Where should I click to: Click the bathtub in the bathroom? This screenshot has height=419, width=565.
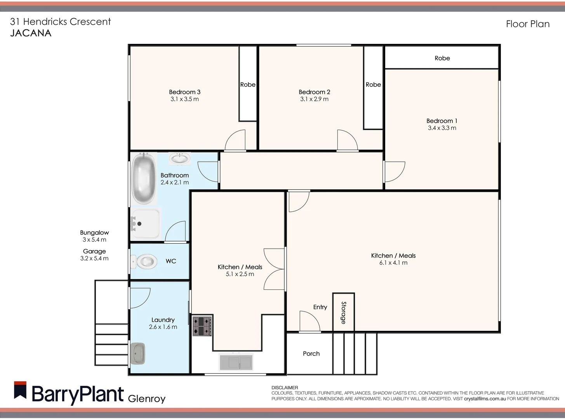coord(143,178)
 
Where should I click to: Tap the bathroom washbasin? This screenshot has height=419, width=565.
coord(179,158)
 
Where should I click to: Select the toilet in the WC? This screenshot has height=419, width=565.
coord(144,261)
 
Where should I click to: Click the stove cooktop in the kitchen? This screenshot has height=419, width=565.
coord(202,326)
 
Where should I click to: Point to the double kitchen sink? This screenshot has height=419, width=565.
coord(236,362)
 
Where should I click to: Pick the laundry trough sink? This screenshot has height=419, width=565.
coord(138,353)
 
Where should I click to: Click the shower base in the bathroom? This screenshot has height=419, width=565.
coord(145,224)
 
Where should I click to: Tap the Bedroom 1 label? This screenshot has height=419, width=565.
coord(442,121)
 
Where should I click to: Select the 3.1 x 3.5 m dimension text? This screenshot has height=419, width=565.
coord(184,99)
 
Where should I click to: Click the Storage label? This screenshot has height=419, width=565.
coord(344,312)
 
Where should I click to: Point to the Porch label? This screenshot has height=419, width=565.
coord(311,354)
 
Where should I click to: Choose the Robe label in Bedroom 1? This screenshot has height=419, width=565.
coord(442,58)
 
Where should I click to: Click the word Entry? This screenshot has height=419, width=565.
coord(320,307)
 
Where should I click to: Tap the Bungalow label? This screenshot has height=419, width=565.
coord(94,233)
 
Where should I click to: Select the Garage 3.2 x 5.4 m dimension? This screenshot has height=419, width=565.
coord(94,258)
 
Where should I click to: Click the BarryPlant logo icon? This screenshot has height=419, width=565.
coord(20,390)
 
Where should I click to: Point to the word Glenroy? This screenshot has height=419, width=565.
coord(146,398)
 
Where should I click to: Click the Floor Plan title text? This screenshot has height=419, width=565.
coord(527,24)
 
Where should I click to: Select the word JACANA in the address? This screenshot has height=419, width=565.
coord(31,33)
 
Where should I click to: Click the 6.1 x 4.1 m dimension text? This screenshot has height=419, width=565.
coord(393,263)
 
